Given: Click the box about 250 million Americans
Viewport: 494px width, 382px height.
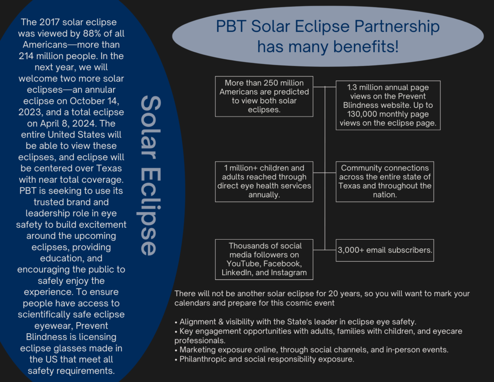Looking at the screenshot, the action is (x=264, y=96).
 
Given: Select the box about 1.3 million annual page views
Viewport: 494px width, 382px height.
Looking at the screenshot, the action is (x=388, y=106).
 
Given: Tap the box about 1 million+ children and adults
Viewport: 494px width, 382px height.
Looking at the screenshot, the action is (x=264, y=182).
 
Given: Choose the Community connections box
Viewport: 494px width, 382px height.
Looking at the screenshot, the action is (x=385, y=182).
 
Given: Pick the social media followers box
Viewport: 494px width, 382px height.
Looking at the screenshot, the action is (x=264, y=259).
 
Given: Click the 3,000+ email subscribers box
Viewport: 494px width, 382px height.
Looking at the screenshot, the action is (x=385, y=250).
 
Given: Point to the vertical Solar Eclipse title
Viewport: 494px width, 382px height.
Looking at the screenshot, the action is (x=149, y=175).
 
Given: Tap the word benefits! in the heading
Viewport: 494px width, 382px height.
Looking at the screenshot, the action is (x=366, y=47).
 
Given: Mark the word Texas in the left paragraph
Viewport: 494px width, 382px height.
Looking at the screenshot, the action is (x=109, y=168).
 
